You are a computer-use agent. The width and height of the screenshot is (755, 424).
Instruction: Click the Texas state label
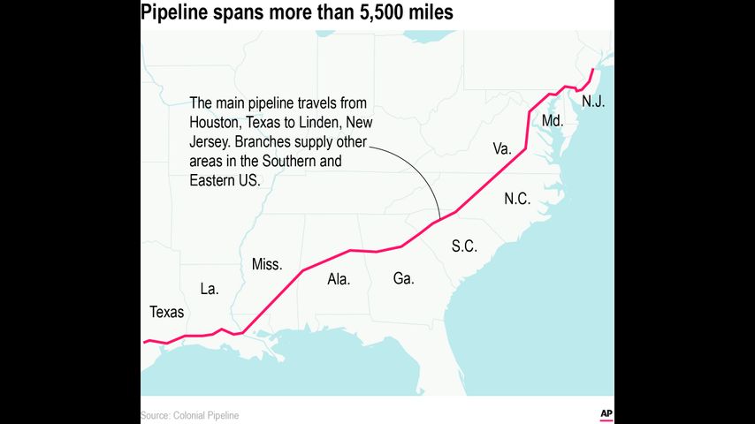[x=167, y=312]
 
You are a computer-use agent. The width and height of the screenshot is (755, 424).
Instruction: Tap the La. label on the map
[x=210, y=288]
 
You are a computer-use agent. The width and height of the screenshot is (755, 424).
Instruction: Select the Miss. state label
[x=267, y=264]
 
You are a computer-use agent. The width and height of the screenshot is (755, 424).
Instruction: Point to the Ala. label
[x=339, y=278]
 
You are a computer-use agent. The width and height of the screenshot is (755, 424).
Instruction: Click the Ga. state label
[x=403, y=278]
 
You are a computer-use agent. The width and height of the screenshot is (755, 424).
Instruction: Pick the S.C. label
[x=464, y=246]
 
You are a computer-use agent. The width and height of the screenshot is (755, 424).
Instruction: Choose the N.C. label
[x=517, y=199]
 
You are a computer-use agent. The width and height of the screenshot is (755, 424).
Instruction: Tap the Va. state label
[x=502, y=149]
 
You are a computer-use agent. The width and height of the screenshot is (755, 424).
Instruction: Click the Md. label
[x=553, y=120]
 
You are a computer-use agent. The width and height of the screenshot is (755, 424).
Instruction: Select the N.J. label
[x=593, y=102]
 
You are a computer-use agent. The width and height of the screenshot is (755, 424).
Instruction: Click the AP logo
[x=606, y=413]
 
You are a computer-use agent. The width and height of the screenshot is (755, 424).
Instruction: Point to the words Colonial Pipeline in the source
[x=206, y=415]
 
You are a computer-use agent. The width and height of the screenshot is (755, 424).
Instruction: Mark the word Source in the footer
[x=155, y=415]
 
